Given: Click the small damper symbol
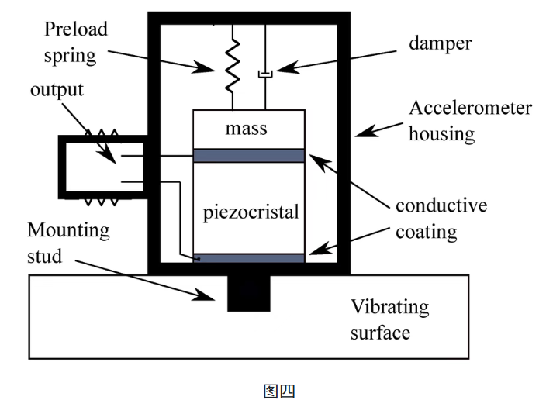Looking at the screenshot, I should click(265, 74).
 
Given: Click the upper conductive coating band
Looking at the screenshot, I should click(248, 156).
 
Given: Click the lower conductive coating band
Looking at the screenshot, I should click(248, 258).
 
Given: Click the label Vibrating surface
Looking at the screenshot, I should click(389, 319).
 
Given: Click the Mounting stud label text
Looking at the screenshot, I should click(68, 242).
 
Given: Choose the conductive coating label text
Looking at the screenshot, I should click(441, 219).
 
